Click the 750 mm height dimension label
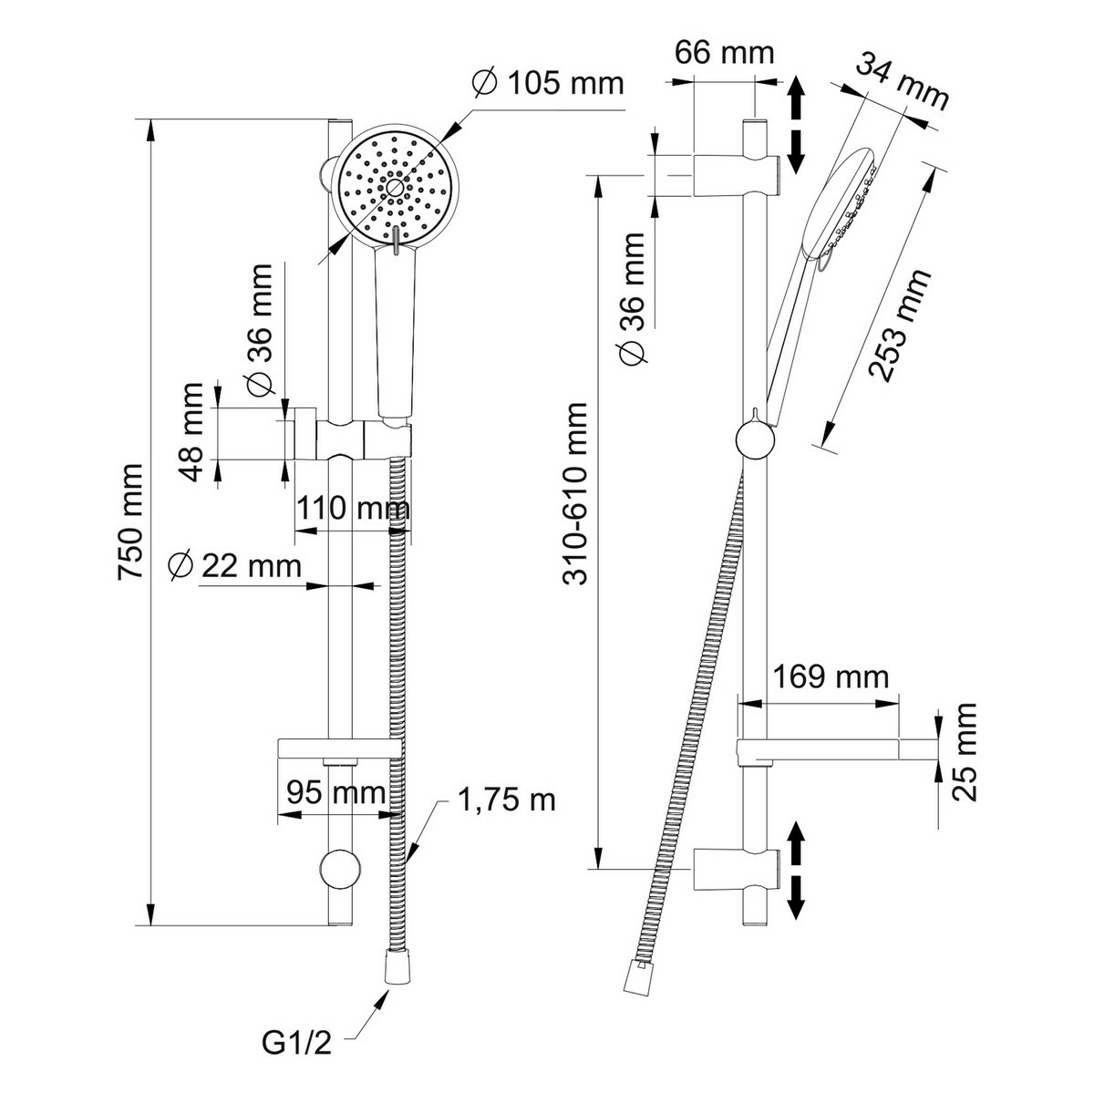[x=130, y=521]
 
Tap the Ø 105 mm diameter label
[x=548, y=84]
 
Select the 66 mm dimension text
[x=724, y=52]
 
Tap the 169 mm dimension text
[x=830, y=676]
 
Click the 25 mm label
[x=965, y=751]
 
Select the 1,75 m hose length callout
[x=506, y=800]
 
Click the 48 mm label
[x=191, y=432]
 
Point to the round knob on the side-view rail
[x=755, y=441]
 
